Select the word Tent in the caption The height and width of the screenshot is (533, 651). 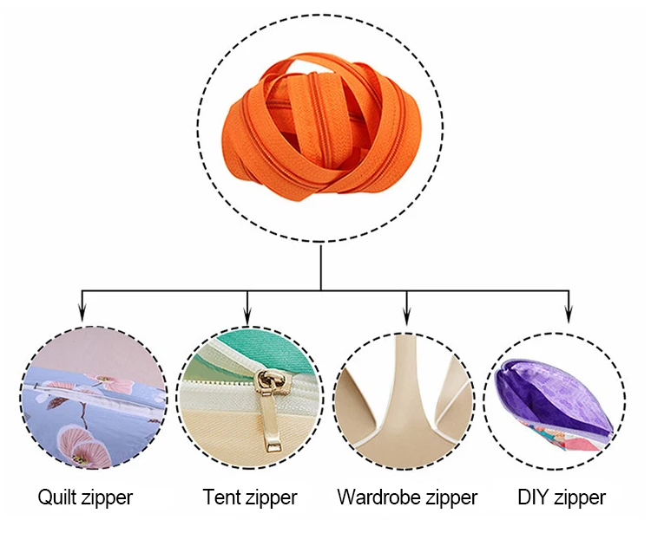pyautogui.click(x=221, y=497)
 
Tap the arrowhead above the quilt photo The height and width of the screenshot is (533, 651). pyautogui.click(x=82, y=316)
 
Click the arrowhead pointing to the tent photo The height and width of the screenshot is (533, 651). pyautogui.click(x=248, y=316)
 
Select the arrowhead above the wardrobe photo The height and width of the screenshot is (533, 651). pyautogui.click(x=408, y=316)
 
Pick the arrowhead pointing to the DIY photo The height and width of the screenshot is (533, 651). pyautogui.click(x=569, y=316)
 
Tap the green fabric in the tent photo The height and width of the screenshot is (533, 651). pyautogui.click(x=260, y=347)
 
